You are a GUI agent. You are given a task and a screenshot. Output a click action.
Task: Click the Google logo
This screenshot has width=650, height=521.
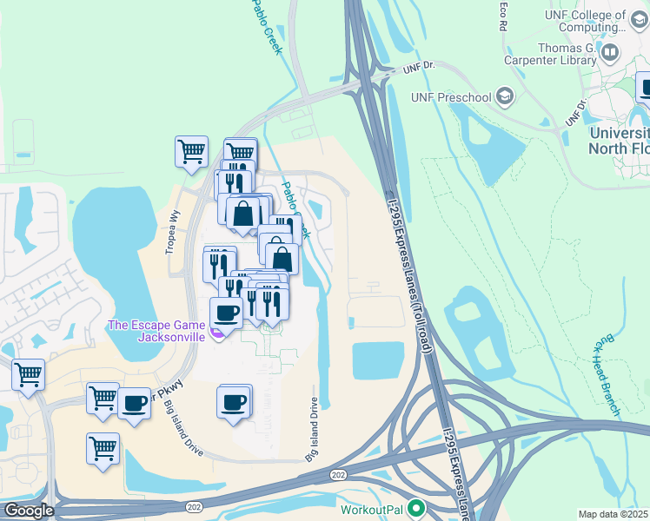(x=29, y=511)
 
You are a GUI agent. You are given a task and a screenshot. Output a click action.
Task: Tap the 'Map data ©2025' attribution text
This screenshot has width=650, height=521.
(x=614, y=514)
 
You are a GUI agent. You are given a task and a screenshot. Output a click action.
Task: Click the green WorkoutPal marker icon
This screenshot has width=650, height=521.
(x=417, y=508)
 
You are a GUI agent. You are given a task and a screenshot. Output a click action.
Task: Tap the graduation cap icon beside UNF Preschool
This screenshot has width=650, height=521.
(x=504, y=97)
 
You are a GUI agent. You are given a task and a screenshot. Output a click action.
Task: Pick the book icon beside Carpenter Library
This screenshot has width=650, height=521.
(x=611, y=54)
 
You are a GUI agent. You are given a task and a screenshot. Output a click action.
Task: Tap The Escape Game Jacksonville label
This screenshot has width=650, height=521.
(x=156, y=331)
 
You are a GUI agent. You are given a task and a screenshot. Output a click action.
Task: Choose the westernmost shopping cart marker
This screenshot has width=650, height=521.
(x=28, y=375)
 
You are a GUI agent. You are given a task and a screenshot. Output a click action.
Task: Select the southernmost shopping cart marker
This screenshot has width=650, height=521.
(x=103, y=449)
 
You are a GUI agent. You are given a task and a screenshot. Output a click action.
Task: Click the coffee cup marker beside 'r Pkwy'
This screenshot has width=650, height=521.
(x=134, y=403)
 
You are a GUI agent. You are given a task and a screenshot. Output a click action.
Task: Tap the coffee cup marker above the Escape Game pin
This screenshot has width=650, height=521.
(x=226, y=312)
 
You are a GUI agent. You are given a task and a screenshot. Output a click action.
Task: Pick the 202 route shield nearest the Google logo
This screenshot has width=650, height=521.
(x=194, y=505)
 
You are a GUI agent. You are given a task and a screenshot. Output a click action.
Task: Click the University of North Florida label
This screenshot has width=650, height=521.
(x=619, y=140)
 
